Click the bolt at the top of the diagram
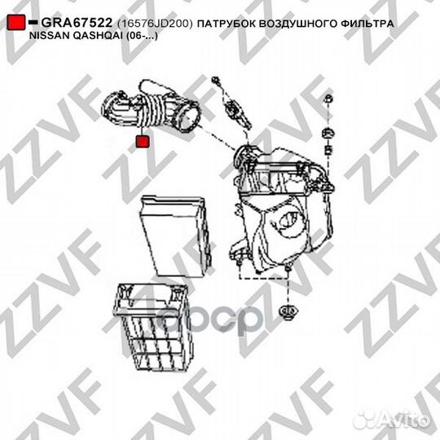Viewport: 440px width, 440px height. click(217, 81)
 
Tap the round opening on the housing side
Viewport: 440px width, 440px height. click(286, 218)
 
